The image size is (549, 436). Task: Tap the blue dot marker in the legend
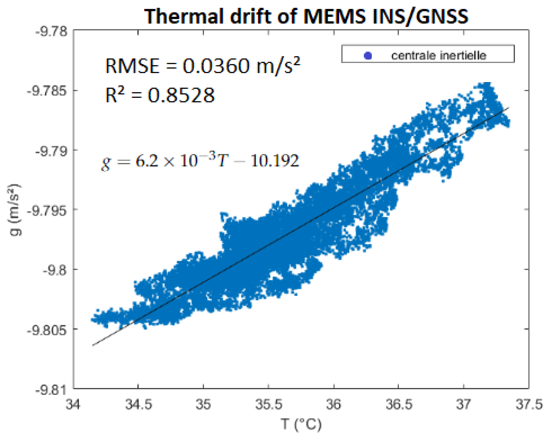coord(368,56)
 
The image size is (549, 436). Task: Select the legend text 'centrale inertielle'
coord(439,56)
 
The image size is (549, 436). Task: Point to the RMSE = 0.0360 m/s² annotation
coord(203,66)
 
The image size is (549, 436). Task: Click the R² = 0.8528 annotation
coord(160,95)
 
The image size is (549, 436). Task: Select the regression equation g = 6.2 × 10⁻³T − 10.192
coord(200,161)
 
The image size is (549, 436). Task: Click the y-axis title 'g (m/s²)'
coord(15,210)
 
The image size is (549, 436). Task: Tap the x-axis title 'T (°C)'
coord(301,424)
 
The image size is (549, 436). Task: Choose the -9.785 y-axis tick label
coord(47,91)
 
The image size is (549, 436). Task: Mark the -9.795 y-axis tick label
coord(47,210)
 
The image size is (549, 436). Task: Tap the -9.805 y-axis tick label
coord(47,329)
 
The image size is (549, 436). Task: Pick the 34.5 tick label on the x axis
coord(138,404)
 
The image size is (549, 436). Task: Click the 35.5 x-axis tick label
coord(269,404)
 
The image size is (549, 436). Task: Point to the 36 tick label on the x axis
coord(334,404)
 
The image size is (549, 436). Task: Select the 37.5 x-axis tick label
coord(529,404)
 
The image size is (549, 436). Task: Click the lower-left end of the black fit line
coord(93,345)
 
